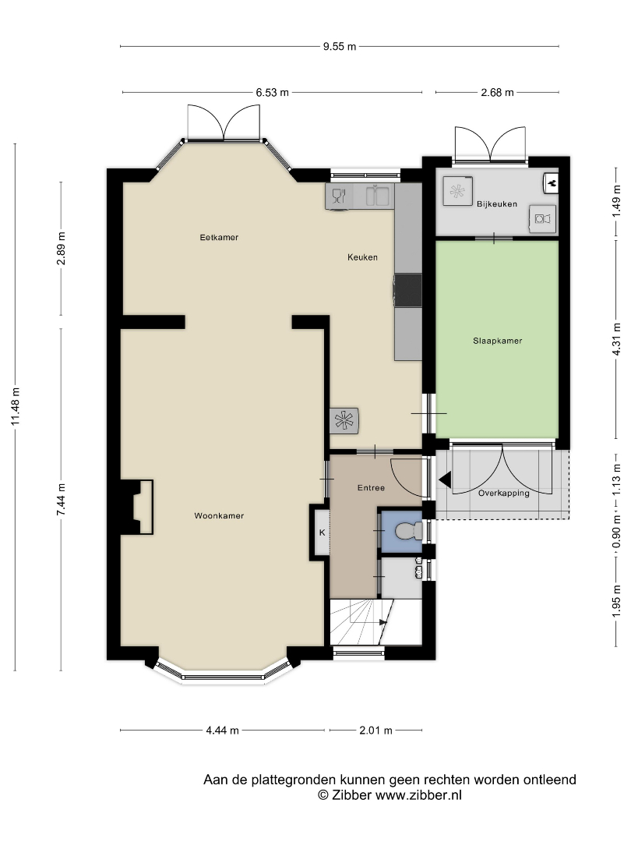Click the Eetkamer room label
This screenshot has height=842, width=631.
(x=219, y=237)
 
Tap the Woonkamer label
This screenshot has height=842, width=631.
(x=219, y=516)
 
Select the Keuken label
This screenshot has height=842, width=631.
(x=362, y=257)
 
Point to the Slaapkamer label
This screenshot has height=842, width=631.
(x=497, y=341)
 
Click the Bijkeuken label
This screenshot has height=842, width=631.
(x=497, y=204)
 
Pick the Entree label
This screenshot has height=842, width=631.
(x=371, y=487)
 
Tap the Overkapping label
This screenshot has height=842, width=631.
(x=504, y=493)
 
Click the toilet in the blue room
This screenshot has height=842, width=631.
(x=409, y=531)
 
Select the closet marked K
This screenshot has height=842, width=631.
(x=322, y=532)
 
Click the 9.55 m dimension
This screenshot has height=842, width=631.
(x=340, y=47)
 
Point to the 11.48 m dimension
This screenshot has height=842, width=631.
(x=15, y=407)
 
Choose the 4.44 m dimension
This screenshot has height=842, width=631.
(x=222, y=731)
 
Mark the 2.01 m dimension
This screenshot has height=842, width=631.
(x=375, y=731)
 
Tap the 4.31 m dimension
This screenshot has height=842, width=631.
(x=616, y=338)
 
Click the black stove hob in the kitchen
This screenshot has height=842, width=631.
(x=407, y=290)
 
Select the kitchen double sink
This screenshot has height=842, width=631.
(x=377, y=196)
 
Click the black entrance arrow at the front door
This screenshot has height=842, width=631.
(x=444, y=479)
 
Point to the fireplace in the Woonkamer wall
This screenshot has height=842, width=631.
(x=137, y=507)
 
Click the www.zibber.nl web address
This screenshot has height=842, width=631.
(x=418, y=795)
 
